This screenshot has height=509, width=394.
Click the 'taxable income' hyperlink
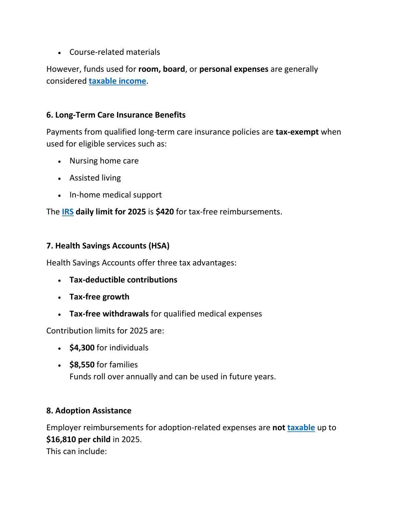pyautogui.click(x=117, y=81)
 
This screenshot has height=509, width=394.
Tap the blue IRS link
pyautogui.click(x=68, y=212)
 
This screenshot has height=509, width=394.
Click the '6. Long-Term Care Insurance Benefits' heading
pyautogui.click(x=116, y=115)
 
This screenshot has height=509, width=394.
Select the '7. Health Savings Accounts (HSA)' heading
pyautogui.click(x=108, y=246)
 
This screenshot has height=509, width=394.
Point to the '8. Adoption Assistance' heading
pyautogui.click(x=89, y=411)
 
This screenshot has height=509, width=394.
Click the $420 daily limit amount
pyautogui.click(x=165, y=212)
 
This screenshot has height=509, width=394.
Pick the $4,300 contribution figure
pyautogui.click(x=82, y=348)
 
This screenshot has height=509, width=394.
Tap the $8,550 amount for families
pyautogui.click(x=82, y=365)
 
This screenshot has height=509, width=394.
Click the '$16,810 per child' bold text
pyautogui.click(x=78, y=439)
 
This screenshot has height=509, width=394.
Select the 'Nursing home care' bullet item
pyautogui.click(x=104, y=161)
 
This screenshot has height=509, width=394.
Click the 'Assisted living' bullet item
pyautogui.click(x=95, y=178)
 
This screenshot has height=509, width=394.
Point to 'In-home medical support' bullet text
pyautogui.click(x=115, y=195)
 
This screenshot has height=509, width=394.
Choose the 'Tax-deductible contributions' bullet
pyautogui.click(x=123, y=280)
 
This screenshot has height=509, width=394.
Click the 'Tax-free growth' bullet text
pyautogui.click(x=99, y=297)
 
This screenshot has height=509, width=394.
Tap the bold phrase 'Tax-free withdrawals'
pyautogui.click(x=109, y=314)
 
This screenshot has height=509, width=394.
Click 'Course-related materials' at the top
pyautogui.click(x=115, y=52)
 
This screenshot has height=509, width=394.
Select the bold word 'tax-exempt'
pyautogui.click(x=297, y=132)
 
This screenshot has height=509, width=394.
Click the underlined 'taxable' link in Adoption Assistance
pyautogui.click(x=301, y=428)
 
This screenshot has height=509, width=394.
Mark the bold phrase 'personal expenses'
pyautogui.click(x=234, y=69)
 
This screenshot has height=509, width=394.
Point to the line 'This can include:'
pyautogui.click(x=77, y=451)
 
